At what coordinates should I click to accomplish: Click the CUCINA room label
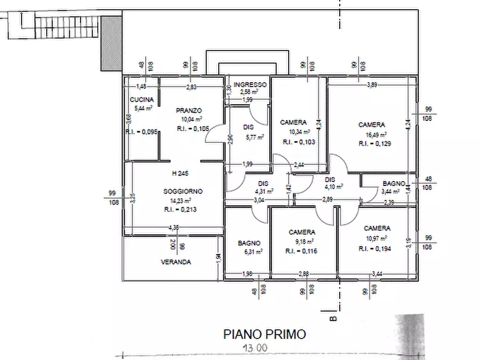coord(142,100)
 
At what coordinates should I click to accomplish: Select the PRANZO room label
coord(188,111)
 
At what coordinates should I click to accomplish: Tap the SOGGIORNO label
coord(183,192)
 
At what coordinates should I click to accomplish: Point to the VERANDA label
coord(176,262)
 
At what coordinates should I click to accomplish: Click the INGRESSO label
coord(250,85)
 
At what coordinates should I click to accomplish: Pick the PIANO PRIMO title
coord(264,334)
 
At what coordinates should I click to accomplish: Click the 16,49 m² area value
coord(371,135)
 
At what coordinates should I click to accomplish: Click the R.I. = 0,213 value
coord(180,210)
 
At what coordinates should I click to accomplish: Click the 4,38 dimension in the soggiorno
coord(174,227)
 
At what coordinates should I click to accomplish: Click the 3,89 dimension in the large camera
coord(371,85)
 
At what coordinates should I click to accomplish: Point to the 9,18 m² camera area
coord(302,242)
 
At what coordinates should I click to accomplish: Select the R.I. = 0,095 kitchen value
coord(141,132)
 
